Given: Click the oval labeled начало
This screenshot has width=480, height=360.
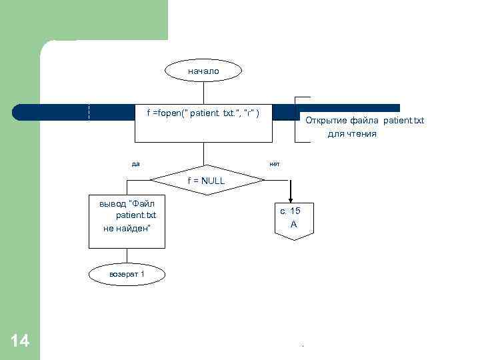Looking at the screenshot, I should pos(203,71).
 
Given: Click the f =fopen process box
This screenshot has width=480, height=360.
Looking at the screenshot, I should pos(203,123).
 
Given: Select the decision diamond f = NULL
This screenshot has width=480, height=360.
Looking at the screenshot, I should pos(206,180).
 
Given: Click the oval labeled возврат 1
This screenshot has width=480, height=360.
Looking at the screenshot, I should pos(127,274).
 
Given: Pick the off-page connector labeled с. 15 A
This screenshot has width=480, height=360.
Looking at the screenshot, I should pos(290,219).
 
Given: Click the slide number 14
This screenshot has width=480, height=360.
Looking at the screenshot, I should pos(20,341).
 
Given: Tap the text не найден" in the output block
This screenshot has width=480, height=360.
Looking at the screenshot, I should pos(127,228).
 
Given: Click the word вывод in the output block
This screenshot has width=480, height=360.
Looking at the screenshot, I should pos(113,203).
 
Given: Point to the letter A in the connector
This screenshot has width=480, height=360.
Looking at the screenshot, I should pos(293,225).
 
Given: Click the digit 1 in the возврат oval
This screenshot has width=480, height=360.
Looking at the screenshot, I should pos(142,274).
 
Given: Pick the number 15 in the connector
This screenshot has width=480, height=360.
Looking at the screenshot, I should pos(295,211).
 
